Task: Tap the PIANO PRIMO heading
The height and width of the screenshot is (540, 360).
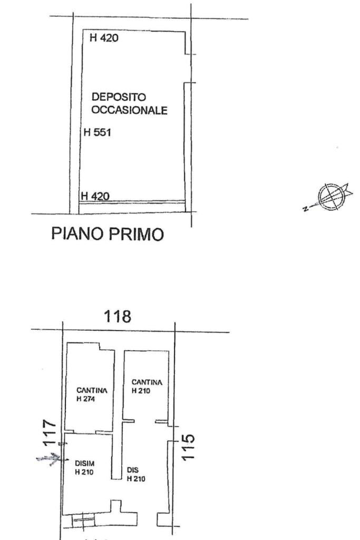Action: [x=108, y=234]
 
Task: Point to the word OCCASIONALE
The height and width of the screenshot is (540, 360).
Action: [x=130, y=111]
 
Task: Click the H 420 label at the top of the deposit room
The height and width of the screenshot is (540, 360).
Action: [x=104, y=38]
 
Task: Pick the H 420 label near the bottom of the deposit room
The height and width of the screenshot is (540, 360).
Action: [x=95, y=196]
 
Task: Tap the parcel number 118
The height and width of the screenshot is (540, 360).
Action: [x=118, y=316]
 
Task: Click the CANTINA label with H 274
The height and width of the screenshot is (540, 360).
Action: [x=92, y=390]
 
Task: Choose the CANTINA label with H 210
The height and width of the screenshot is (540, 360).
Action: [x=147, y=382]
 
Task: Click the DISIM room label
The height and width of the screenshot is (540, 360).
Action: [x=85, y=465]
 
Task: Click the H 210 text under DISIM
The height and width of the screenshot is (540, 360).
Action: [x=84, y=472]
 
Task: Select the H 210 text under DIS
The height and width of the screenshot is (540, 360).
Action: [x=137, y=478]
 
